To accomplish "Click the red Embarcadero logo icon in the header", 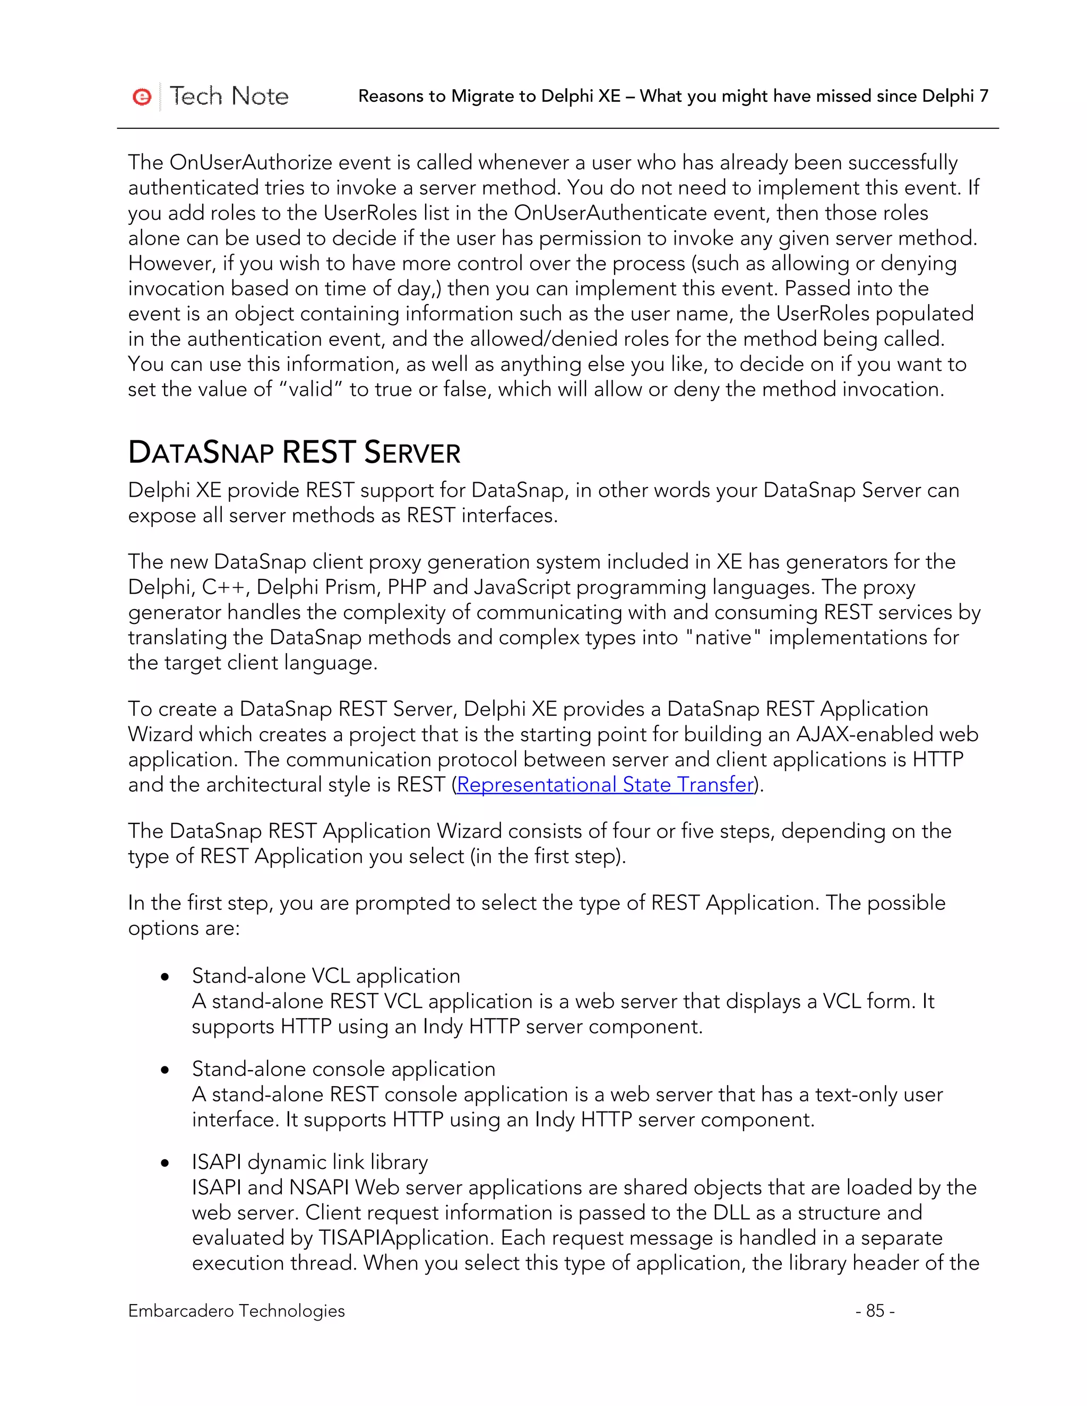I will point(142,97).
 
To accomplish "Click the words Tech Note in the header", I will point(229,96).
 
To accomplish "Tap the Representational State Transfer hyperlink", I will point(605,785).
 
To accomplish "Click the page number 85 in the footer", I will point(875,1310).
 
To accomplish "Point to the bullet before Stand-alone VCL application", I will point(166,977).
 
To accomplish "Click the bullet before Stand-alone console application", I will point(166,1071).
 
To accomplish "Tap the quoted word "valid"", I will point(310,389).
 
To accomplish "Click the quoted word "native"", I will point(723,637).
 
